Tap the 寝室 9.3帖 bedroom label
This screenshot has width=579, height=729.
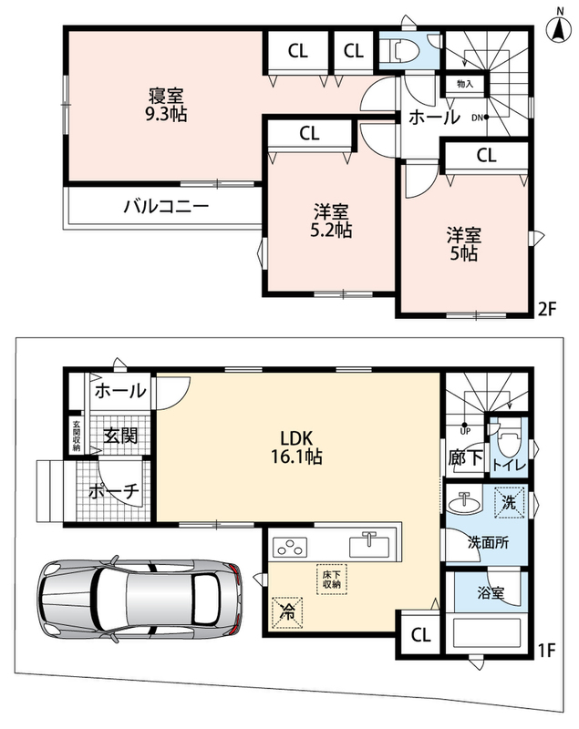point(166,105)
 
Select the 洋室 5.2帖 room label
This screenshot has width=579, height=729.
point(331,221)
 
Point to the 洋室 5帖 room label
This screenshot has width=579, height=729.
point(464,244)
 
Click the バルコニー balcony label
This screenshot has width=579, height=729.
point(166,206)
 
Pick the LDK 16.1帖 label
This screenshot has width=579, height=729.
point(296,447)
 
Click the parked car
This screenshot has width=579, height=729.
point(140,597)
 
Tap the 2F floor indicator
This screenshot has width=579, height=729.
point(547,309)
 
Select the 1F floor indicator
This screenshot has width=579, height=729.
point(547,650)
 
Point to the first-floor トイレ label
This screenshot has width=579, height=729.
point(509,466)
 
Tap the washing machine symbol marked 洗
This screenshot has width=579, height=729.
point(509,502)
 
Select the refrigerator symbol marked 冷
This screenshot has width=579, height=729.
point(288,612)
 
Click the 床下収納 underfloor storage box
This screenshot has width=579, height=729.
point(332,580)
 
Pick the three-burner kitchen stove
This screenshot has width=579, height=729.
point(290,547)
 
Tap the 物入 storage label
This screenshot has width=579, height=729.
point(465,84)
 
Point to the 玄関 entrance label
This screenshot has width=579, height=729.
point(120,436)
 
